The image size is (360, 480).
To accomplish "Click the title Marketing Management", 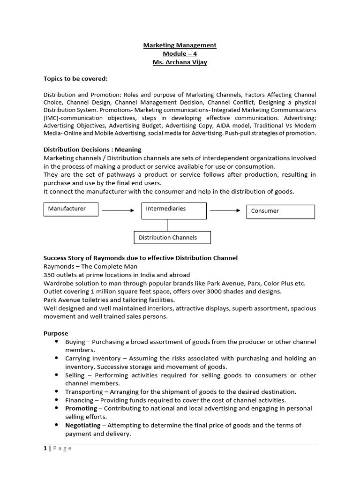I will [180, 45].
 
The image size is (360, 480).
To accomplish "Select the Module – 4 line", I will [180, 53].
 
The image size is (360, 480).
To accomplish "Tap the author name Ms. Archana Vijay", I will [180, 62].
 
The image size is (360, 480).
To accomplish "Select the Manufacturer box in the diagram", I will [71, 209].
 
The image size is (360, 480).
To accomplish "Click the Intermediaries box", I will [174, 210].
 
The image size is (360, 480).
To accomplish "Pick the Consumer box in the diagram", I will [280, 211].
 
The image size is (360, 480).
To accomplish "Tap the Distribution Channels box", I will [172, 238].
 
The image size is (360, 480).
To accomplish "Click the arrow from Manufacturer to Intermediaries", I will [118, 210].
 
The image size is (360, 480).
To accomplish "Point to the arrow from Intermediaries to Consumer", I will [225, 210].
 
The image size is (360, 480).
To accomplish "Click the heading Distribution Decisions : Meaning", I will [92, 150].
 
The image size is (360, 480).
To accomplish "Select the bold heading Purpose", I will [56, 333].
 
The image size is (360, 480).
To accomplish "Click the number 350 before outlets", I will [49, 275].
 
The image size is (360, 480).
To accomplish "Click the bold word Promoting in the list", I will [81, 408].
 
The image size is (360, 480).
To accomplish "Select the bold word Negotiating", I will [83, 425].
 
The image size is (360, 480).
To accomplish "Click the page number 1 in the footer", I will [45, 448].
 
